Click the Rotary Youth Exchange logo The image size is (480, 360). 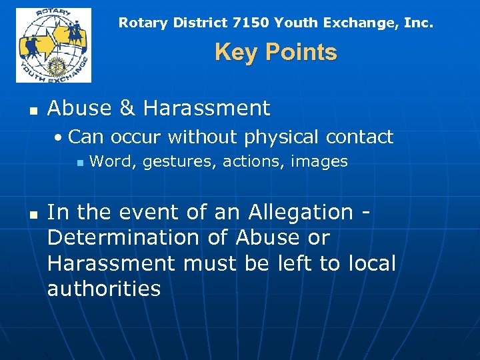[53, 45]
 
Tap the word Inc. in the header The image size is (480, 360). [419, 23]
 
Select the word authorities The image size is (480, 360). [104, 289]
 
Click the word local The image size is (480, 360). [371, 263]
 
